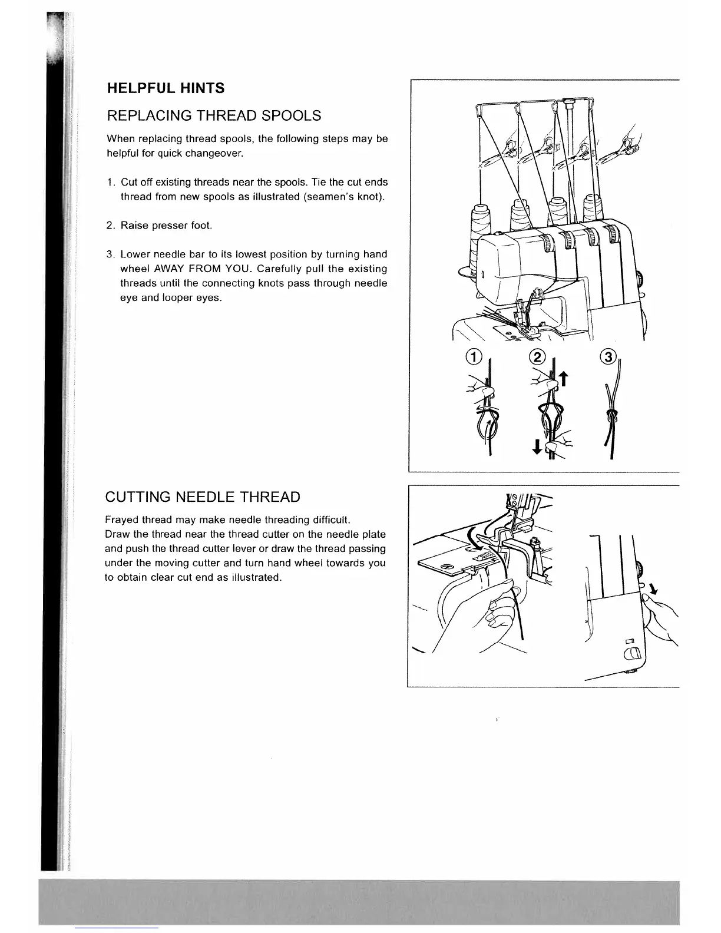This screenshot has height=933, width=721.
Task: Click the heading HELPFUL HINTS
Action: coord(165,88)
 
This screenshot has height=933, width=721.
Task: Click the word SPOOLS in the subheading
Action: coord(291,115)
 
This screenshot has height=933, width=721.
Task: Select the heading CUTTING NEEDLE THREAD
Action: coord(202,497)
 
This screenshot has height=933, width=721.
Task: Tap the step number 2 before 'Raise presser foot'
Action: coord(110,226)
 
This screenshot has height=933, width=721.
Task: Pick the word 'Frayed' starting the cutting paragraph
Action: coord(121,520)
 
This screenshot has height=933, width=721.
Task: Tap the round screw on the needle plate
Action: coord(449,567)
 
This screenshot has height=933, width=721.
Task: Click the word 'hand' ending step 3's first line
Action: coord(375,254)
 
